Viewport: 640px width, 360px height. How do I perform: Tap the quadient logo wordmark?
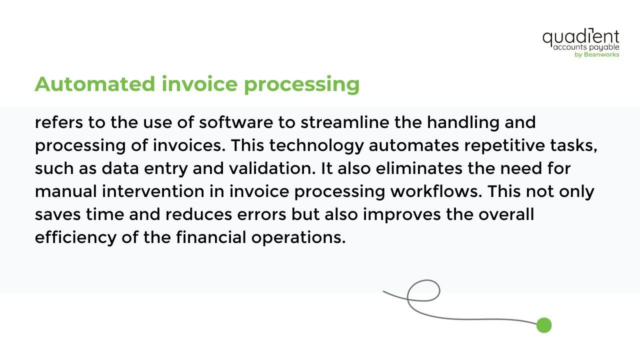pyautogui.click(x=580, y=37)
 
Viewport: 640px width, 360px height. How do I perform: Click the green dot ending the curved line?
pyautogui.click(x=543, y=325)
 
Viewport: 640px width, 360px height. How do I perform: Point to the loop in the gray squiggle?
pyautogui.click(x=423, y=290)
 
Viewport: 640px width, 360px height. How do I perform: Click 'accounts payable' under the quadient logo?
pyautogui.click(x=586, y=47)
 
